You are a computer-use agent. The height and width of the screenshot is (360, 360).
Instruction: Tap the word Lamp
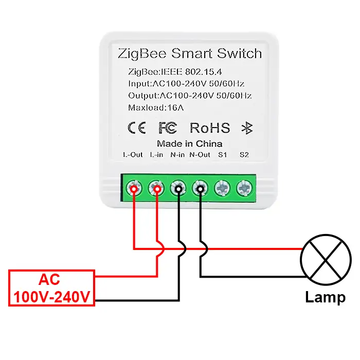325,297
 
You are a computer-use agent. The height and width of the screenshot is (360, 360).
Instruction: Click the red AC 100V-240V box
51,288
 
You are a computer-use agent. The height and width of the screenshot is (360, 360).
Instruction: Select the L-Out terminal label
133,155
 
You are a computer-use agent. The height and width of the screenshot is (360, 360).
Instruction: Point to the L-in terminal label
156,155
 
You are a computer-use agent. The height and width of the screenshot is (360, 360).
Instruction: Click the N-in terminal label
178,155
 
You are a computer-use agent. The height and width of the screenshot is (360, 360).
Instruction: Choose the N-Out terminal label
200,155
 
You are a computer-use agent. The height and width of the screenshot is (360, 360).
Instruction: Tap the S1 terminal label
222,155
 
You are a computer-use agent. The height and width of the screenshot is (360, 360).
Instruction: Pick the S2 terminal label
244,155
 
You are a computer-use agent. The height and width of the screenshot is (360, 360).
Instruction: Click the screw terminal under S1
222,189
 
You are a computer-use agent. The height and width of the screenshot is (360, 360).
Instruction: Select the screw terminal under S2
244,189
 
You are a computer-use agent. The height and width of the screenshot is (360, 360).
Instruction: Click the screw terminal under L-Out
134,189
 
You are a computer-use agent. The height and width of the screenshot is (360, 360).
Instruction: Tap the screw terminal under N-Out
200,189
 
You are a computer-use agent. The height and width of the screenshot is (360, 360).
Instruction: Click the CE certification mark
136,128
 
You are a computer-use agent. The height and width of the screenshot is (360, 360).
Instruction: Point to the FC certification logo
168,128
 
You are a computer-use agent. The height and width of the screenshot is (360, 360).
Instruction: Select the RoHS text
210,128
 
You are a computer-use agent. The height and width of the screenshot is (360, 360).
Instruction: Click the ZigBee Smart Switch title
190,53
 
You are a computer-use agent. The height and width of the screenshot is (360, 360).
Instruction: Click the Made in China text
189,143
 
